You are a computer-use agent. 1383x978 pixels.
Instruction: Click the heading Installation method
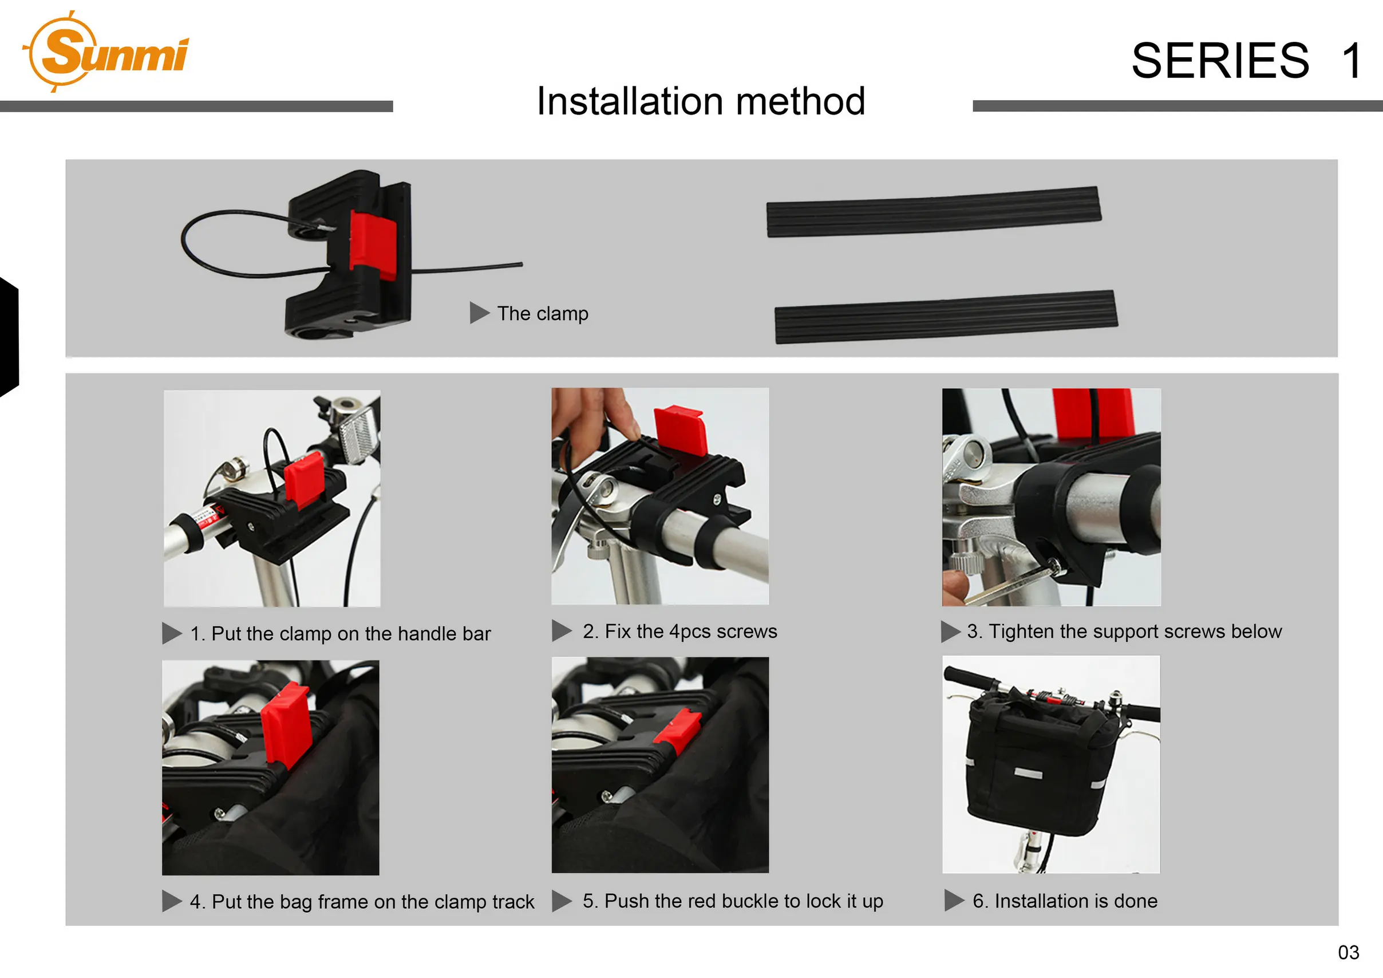coord(701,101)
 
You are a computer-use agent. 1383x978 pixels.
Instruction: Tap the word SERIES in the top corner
coord(1220,61)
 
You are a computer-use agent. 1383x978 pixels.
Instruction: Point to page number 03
coord(1348,952)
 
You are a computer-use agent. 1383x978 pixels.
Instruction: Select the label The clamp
coord(542,313)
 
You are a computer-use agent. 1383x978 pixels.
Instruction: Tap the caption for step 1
coord(341,633)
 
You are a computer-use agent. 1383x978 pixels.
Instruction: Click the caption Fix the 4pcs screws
coord(679,631)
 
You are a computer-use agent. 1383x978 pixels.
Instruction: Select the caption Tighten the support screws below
coord(1124,631)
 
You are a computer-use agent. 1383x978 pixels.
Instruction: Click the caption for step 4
coord(361,901)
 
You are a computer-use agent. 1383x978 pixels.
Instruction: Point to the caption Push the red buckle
coord(733,901)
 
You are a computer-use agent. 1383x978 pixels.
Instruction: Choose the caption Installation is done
coord(1064,901)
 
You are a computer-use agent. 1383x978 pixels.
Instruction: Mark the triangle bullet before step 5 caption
coord(562,901)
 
